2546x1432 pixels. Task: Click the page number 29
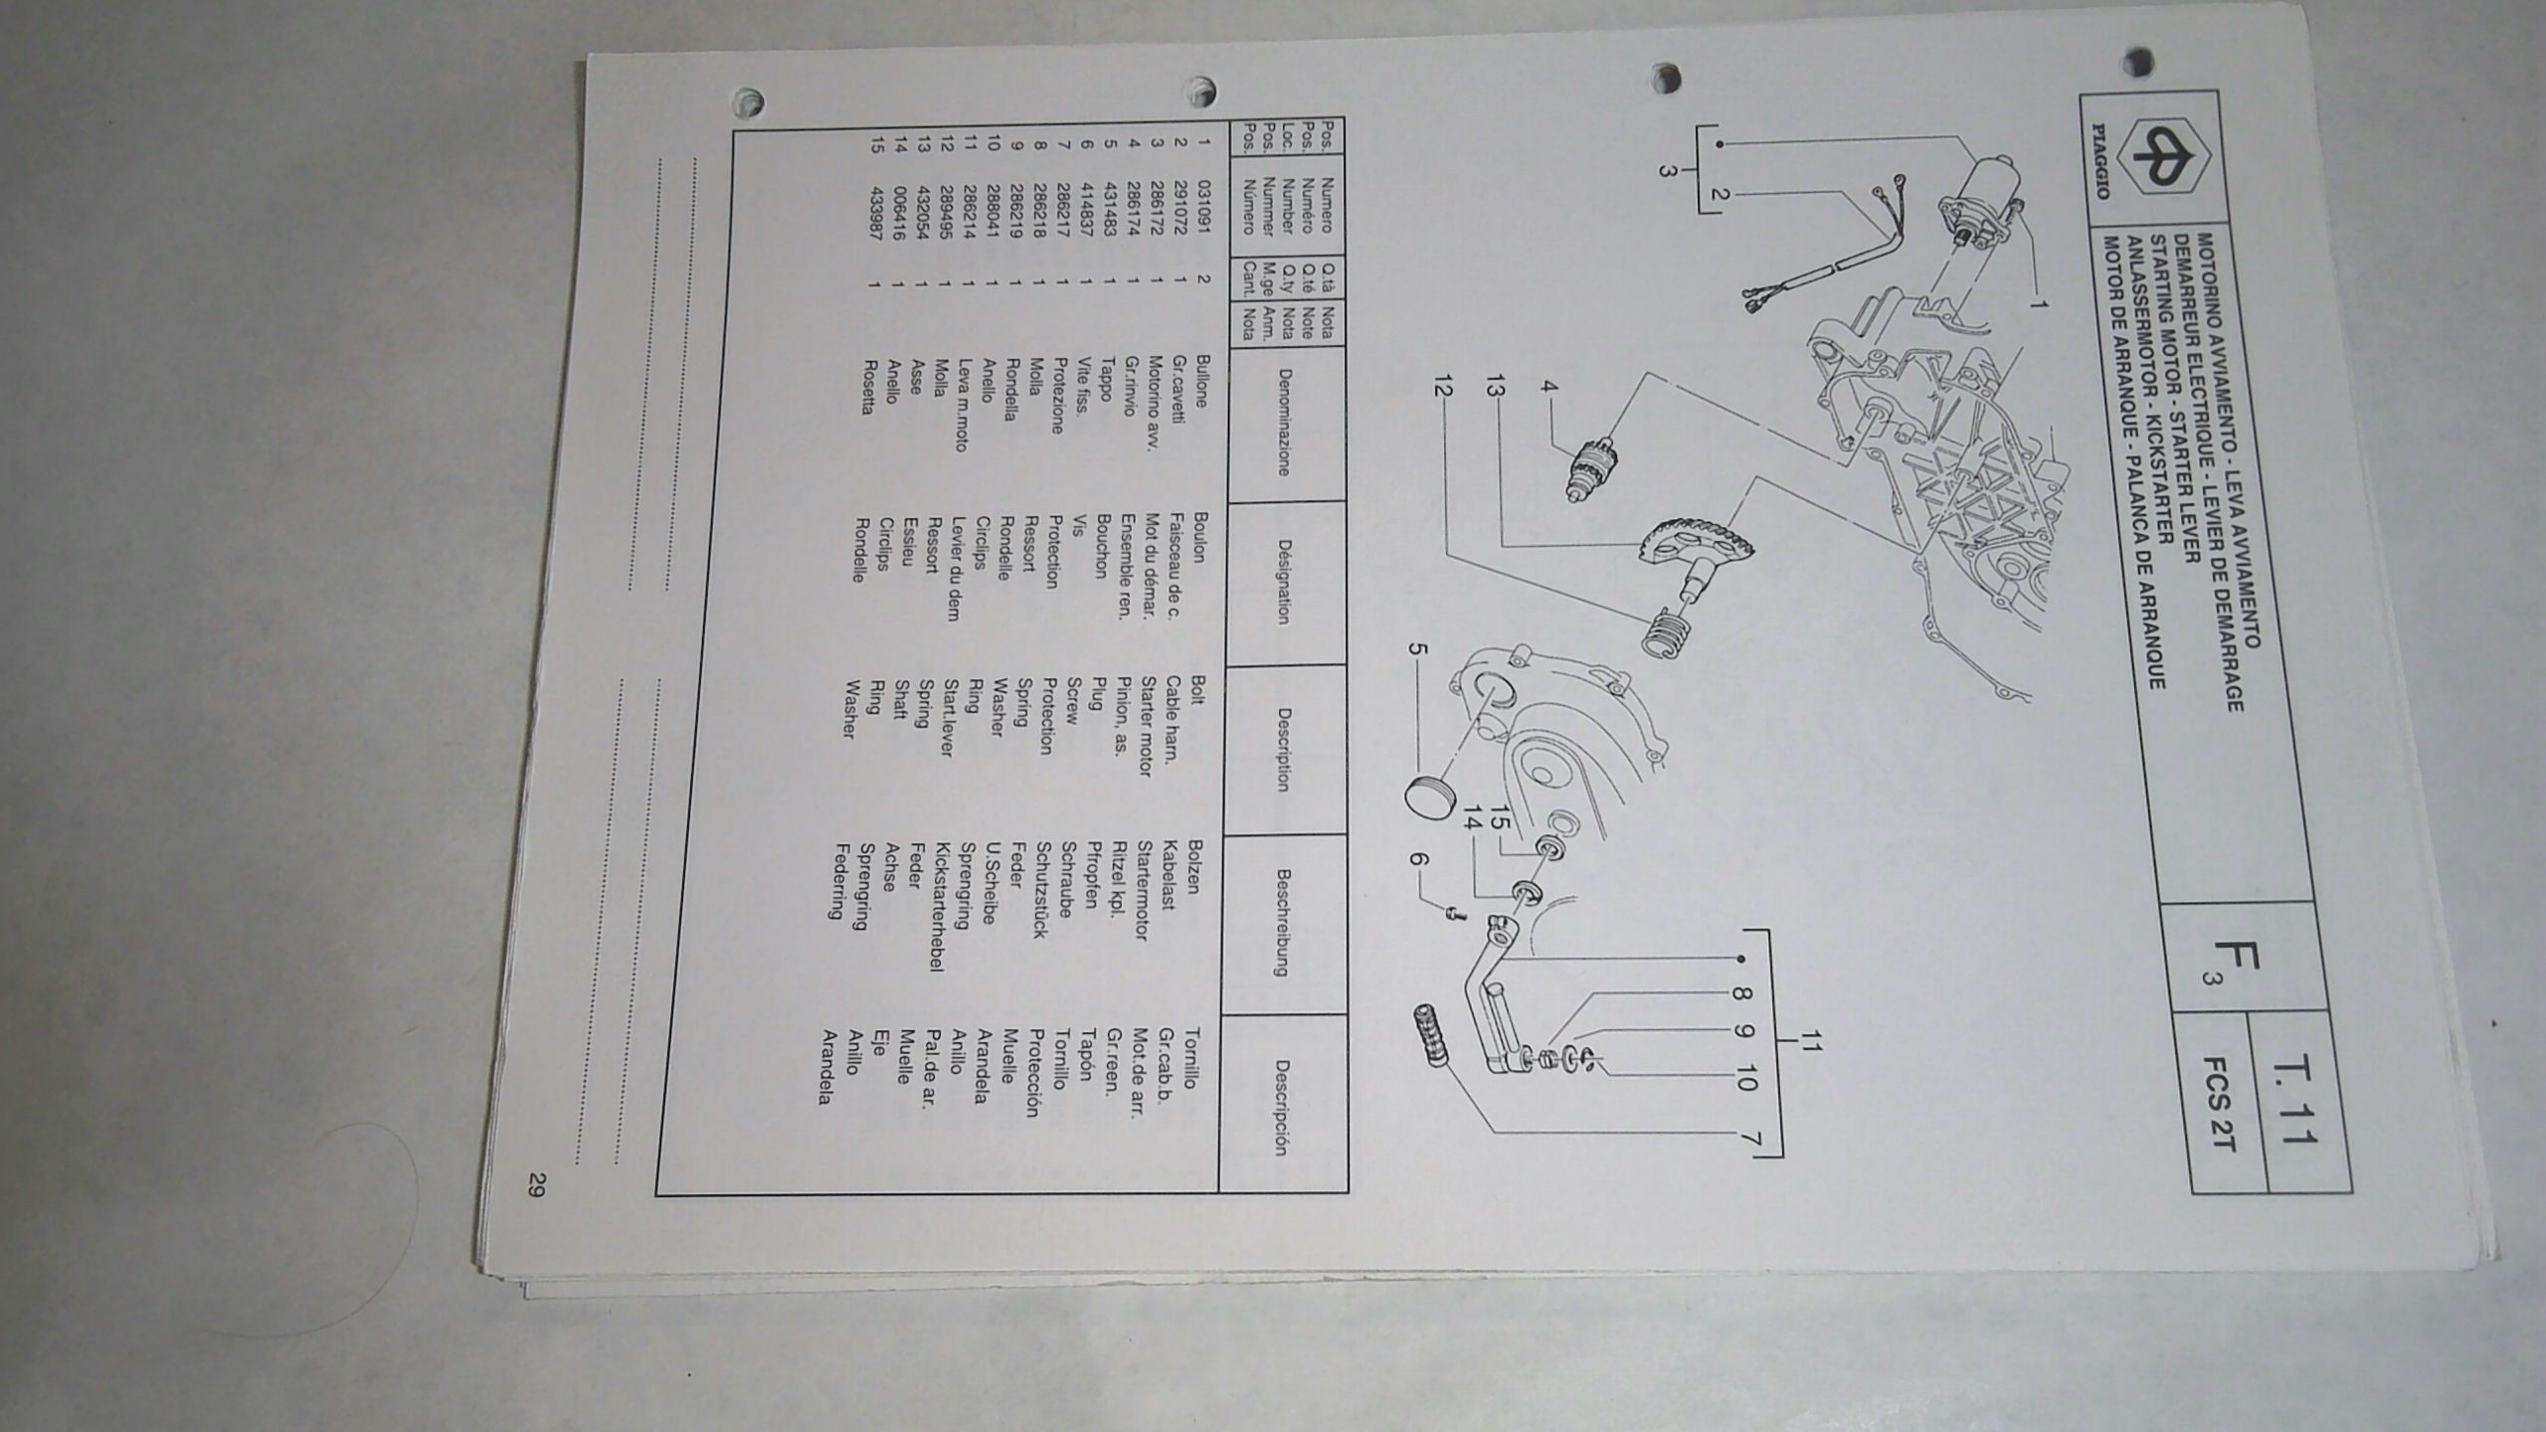(x=537, y=1184)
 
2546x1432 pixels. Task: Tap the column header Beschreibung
(x=1283, y=923)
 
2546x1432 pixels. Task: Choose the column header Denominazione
(x=1283, y=423)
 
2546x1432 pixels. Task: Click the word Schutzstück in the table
(x=1040, y=890)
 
